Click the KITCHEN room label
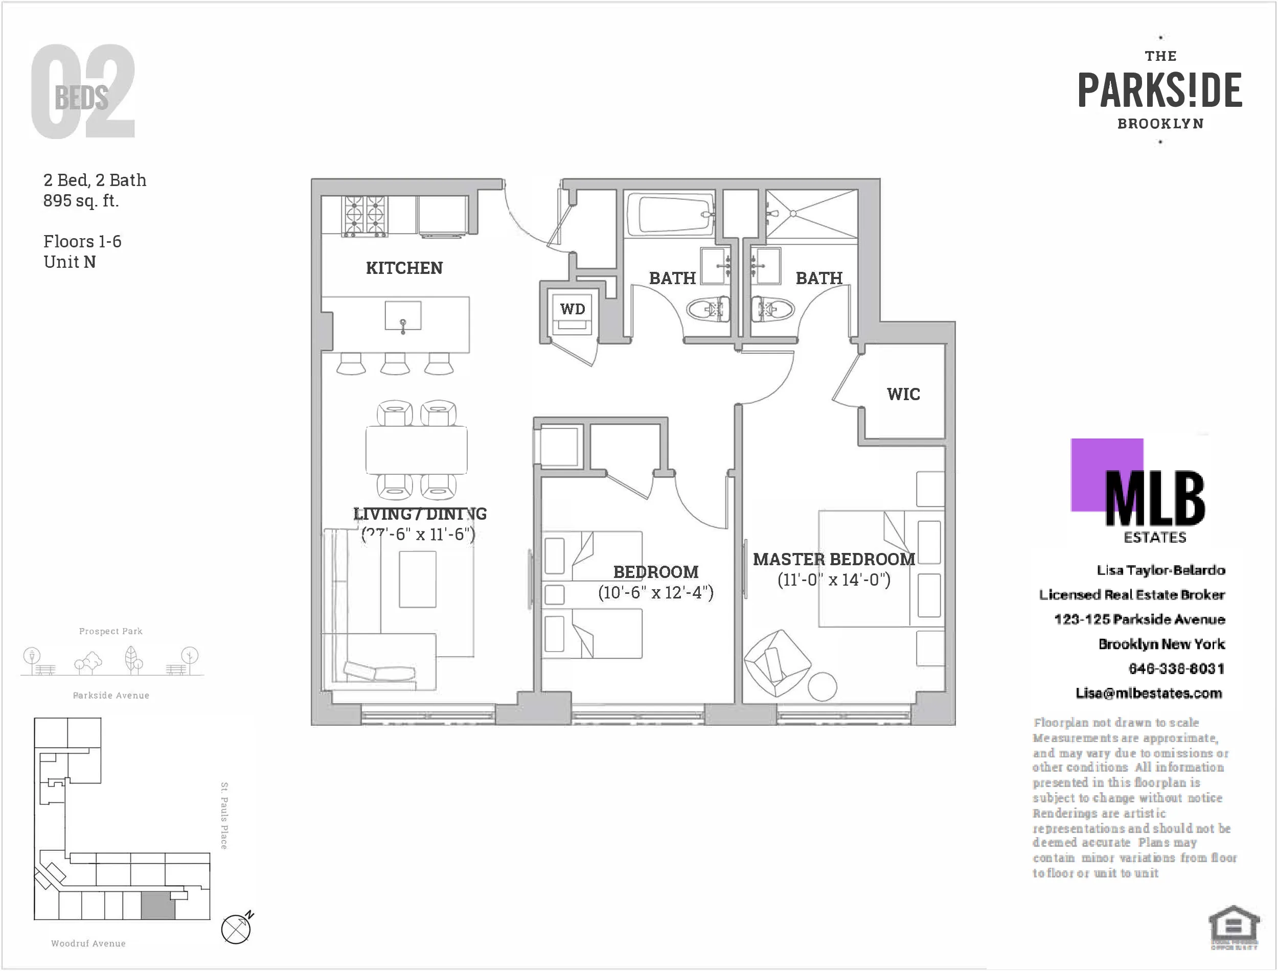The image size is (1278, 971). click(404, 268)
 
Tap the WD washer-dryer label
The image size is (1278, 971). click(572, 309)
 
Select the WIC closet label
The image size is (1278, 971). click(903, 394)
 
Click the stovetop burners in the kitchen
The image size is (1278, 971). click(364, 216)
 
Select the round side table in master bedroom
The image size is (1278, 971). click(821, 687)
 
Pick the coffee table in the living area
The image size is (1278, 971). click(417, 579)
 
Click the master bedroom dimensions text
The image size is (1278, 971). click(833, 580)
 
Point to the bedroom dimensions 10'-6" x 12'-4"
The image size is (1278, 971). click(655, 592)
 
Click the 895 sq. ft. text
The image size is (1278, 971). click(81, 200)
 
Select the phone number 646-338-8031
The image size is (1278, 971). click(1176, 669)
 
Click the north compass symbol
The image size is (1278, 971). click(236, 929)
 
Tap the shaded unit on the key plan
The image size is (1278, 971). click(158, 906)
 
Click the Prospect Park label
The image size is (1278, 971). click(110, 631)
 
